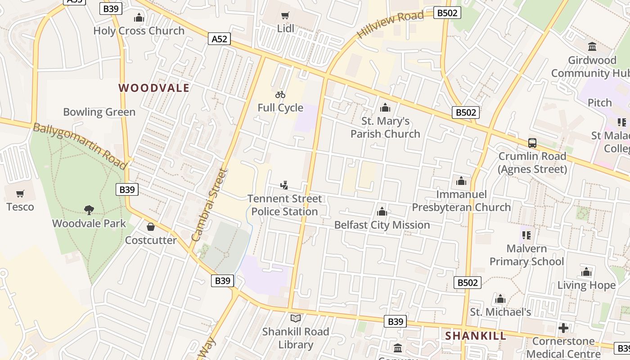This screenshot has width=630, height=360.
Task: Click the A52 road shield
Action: (220, 39)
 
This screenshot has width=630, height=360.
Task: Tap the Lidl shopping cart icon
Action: (285, 16)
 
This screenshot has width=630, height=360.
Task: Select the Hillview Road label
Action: (390, 25)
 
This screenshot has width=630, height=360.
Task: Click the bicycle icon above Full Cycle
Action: (280, 94)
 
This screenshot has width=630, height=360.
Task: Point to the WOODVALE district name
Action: (154, 88)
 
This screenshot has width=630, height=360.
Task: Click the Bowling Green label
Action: (99, 112)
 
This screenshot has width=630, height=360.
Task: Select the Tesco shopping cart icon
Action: (20, 194)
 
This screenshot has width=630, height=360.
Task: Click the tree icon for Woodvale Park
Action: (89, 210)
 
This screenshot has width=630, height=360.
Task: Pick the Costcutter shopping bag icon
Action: (151, 227)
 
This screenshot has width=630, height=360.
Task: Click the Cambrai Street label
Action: (208, 205)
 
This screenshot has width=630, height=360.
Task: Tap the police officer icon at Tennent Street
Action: (284, 185)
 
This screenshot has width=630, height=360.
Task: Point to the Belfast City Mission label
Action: (382, 225)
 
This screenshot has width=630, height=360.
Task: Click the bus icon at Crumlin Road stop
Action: (532, 143)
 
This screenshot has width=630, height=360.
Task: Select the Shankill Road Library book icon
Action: (296, 319)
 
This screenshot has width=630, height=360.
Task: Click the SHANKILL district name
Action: (476, 336)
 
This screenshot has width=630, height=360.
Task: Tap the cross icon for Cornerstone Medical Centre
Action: (563, 328)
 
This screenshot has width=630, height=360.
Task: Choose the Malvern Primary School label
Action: (526, 255)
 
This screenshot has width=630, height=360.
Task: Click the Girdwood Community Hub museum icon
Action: (592, 47)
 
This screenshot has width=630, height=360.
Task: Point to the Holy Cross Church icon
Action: (139, 18)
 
